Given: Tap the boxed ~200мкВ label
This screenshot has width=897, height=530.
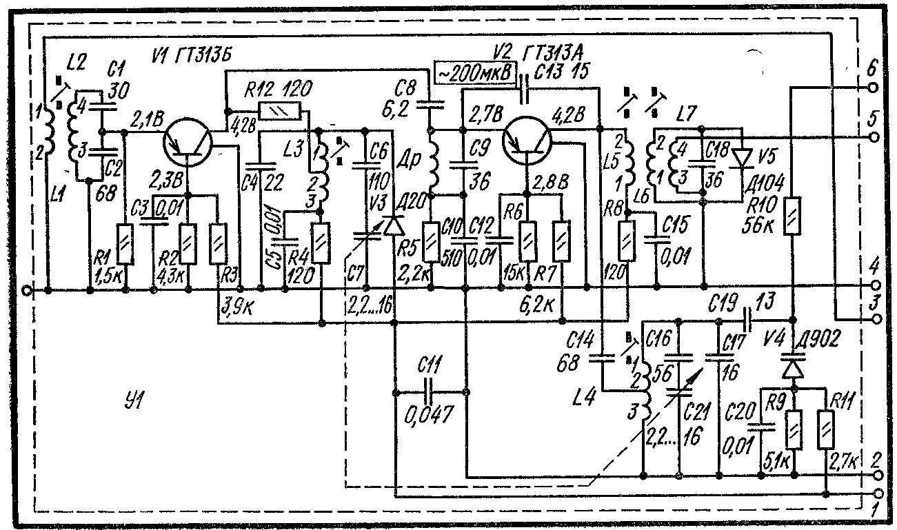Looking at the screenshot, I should (476, 72).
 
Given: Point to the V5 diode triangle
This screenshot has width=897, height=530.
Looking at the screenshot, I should (743, 158).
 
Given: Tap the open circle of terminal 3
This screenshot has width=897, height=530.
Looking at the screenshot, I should (876, 319).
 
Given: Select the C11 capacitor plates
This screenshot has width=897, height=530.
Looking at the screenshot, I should (431, 393).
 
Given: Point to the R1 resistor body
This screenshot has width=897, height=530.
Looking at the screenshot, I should (125, 244).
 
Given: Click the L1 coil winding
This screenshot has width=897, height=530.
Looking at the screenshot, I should (50, 129).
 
